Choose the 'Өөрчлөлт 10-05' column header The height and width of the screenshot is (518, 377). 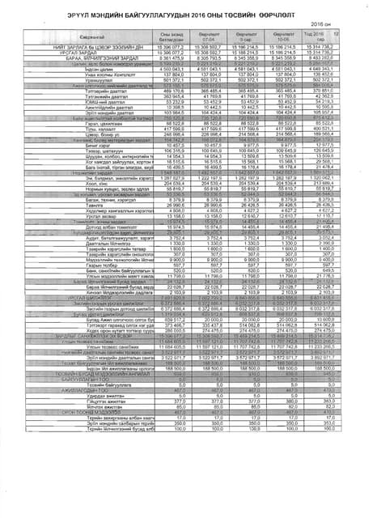pos(303,35)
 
